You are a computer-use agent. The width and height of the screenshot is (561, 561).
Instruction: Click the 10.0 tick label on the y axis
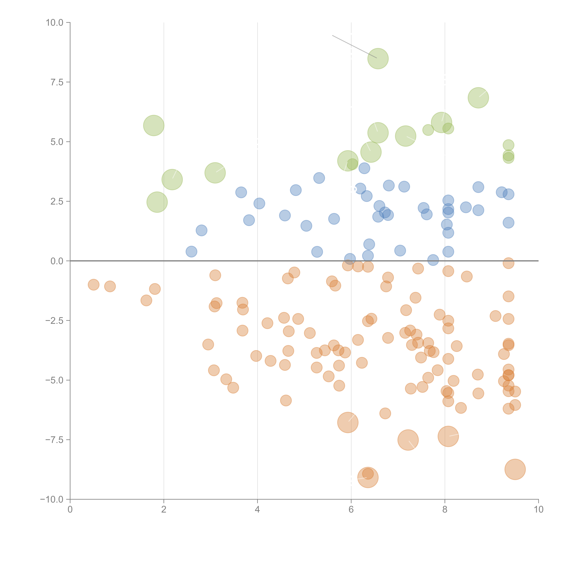pyautogui.click(x=54, y=23)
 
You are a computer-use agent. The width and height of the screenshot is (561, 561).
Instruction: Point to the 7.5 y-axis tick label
pyautogui.click(x=57, y=82)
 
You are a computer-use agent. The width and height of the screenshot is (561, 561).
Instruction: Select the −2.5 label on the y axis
pyautogui.click(x=54, y=321)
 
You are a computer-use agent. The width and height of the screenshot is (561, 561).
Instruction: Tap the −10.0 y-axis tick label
pyautogui.click(x=52, y=499)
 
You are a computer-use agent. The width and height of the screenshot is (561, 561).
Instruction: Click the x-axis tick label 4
pyautogui.click(x=257, y=510)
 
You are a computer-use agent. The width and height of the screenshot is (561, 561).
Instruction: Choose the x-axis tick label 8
pyautogui.click(x=445, y=510)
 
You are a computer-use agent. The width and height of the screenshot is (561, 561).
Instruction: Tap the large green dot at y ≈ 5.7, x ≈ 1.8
pyautogui.click(x=154, y=125)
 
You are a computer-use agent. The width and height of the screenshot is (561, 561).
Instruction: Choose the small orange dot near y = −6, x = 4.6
pyautogui.click(x=286, y=400)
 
